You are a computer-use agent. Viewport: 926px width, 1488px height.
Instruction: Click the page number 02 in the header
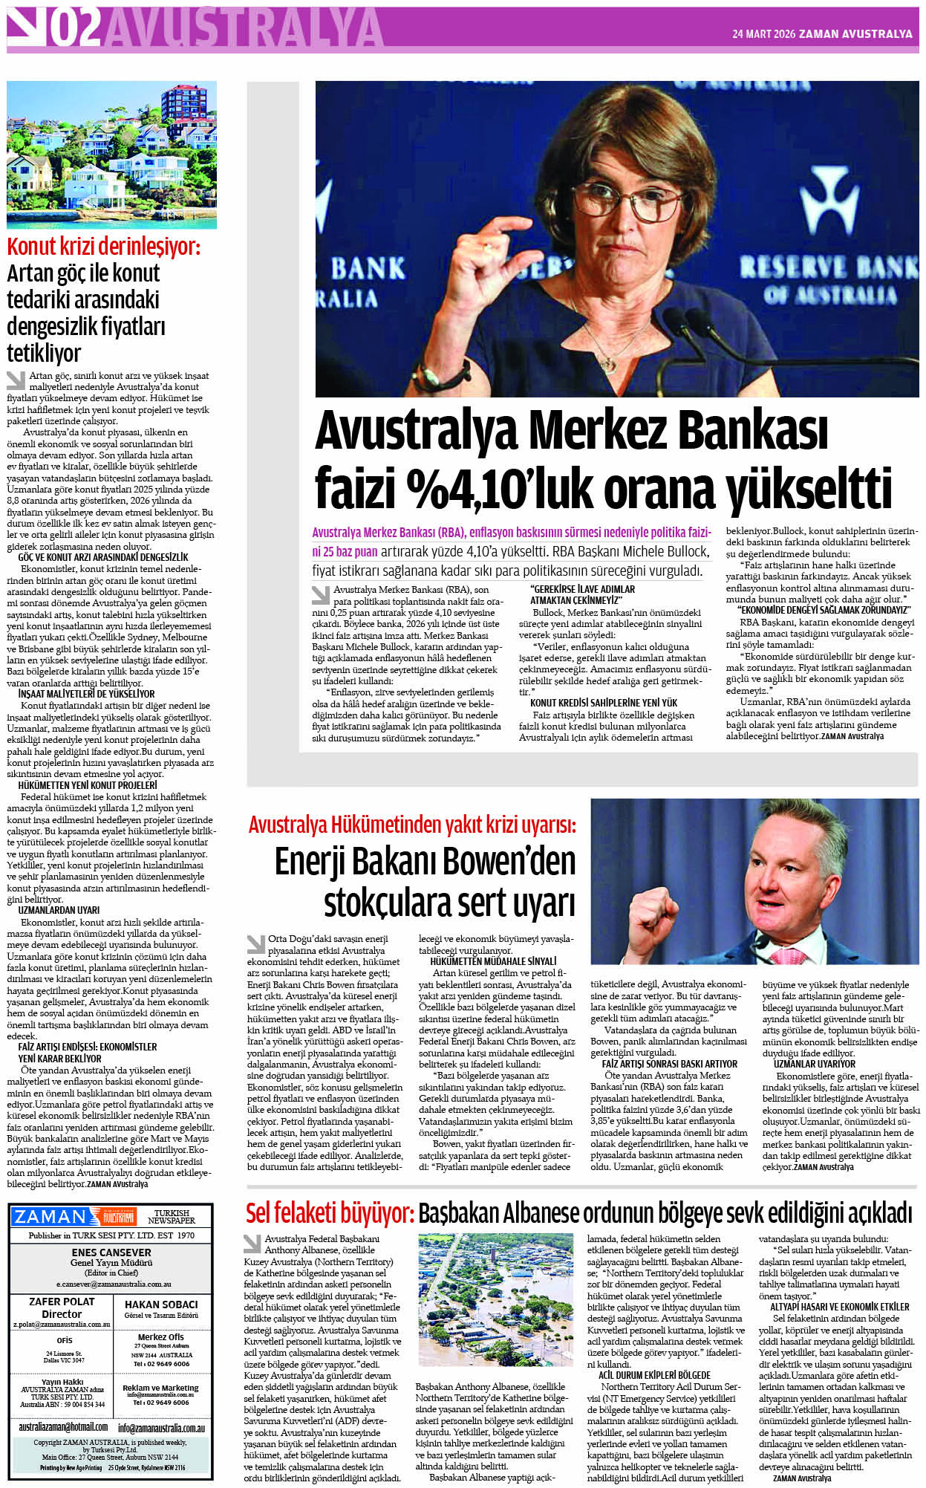77,28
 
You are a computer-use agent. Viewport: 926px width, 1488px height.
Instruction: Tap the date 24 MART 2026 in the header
763,34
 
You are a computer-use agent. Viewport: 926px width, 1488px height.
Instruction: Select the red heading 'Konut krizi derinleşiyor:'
103,246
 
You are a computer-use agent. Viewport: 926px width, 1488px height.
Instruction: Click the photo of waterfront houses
111,155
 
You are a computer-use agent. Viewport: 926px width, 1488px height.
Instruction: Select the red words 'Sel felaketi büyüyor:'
330,1213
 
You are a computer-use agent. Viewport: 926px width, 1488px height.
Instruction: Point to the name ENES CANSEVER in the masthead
111,1253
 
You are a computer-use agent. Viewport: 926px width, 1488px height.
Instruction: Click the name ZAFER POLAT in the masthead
62,1302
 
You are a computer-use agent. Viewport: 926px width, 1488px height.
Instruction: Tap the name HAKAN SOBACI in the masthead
161,1304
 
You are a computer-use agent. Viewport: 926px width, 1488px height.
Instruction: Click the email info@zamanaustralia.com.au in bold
161,1428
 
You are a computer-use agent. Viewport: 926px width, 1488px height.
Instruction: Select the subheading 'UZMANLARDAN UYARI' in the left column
59,910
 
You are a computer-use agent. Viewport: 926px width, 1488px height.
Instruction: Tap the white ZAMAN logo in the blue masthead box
50,1217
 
